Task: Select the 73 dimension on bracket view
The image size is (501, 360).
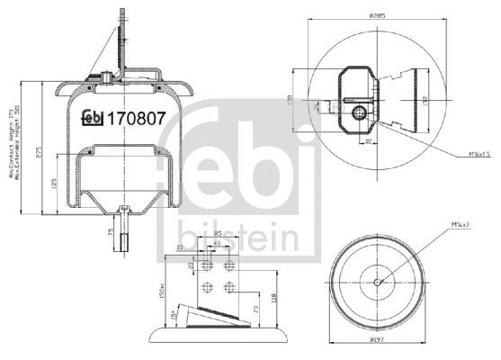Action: point(257,310)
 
